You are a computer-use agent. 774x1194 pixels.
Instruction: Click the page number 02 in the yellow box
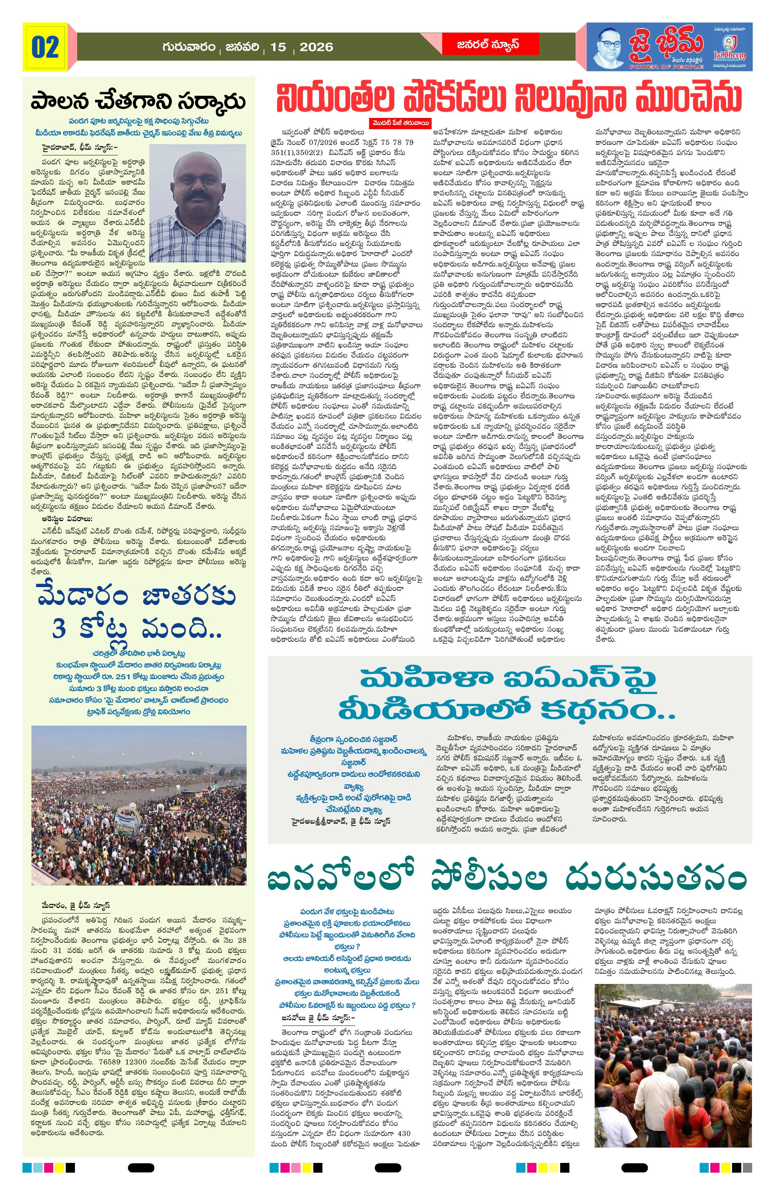(46, 48)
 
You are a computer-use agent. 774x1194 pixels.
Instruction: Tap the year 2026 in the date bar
(316, 47)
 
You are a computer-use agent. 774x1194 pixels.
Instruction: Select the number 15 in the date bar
(277, 47)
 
